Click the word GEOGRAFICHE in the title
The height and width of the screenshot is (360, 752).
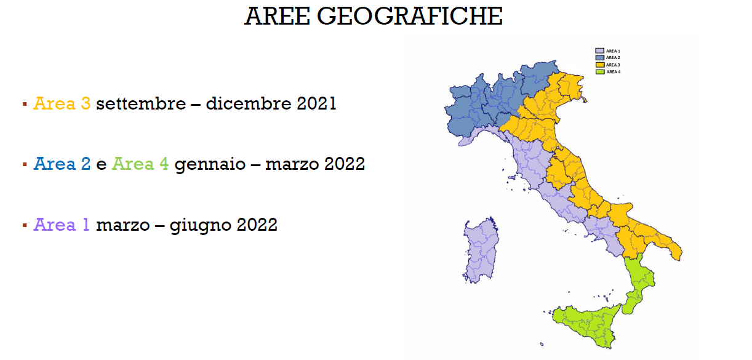[410, 16]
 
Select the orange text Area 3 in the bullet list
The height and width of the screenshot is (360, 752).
[62, 103]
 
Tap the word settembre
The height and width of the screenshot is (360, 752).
[141, 103]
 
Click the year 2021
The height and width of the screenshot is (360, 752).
[316, 103]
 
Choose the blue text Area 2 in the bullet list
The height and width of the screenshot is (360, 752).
[62, 164]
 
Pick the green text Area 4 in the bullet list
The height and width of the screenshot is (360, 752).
[140, 164]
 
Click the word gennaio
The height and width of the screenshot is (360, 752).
[209, 165]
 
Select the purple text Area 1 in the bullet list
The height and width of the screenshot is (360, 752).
[62, 225]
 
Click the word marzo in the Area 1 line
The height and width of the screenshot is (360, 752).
[122, 225]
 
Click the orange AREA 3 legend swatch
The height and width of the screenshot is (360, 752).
[599, 65]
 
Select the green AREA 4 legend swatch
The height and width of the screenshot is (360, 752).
[599, 72]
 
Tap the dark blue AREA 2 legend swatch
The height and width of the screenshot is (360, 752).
[599, 57]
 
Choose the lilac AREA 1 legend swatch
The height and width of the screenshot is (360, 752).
[599, 50]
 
